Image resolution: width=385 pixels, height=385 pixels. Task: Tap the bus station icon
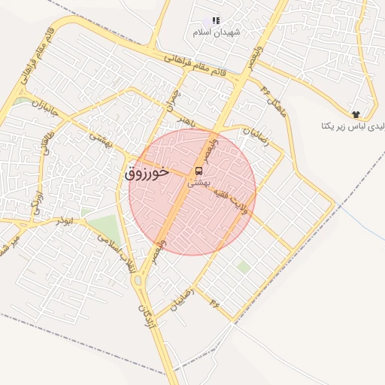tap(199, 171)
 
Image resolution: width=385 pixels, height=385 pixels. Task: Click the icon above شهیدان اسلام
tap(216, 21)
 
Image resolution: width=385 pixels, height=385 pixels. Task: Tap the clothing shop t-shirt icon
tap(355, 111)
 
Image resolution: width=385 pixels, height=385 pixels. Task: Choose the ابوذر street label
tap(64, 221)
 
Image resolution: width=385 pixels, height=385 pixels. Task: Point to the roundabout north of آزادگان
tap(138, 281)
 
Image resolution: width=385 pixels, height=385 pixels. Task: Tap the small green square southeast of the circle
tap(243, 267)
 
